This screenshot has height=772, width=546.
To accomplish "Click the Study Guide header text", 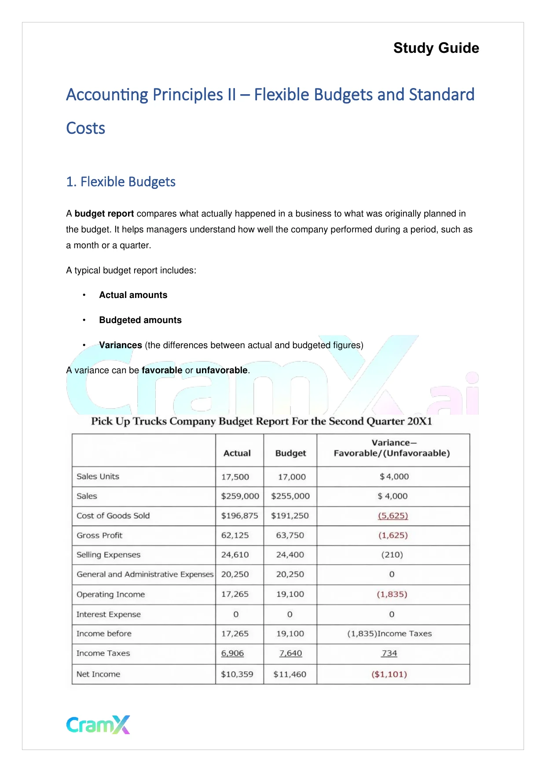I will [436, 48].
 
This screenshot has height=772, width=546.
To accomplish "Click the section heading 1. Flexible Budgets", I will [121, 182].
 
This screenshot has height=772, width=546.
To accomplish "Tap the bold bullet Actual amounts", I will [133, 295].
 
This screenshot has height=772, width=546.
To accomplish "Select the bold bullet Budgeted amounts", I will [140, 320].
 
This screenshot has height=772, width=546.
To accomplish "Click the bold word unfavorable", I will [221, 370].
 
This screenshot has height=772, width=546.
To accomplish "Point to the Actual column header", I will [237, 453].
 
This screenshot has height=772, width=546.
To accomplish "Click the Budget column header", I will [290, 453].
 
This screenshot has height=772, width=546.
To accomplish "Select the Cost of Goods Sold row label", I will [113, 515].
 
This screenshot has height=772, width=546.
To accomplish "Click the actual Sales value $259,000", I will [240, 496].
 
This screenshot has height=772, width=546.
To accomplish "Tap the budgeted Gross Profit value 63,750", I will [290, 535].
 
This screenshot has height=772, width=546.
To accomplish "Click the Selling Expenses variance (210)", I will [392, 555].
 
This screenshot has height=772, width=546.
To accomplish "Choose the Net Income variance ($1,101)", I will [389, 674].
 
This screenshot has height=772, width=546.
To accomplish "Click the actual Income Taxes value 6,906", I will [232, 653].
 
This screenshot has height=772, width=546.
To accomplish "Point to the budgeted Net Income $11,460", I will [289, 674].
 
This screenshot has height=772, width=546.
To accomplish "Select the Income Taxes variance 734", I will [389, 653].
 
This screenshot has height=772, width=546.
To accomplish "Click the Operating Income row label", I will [110, 594].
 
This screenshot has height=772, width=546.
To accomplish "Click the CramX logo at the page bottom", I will [98, 724].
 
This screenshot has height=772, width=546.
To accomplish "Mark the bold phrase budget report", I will [104, 213].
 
